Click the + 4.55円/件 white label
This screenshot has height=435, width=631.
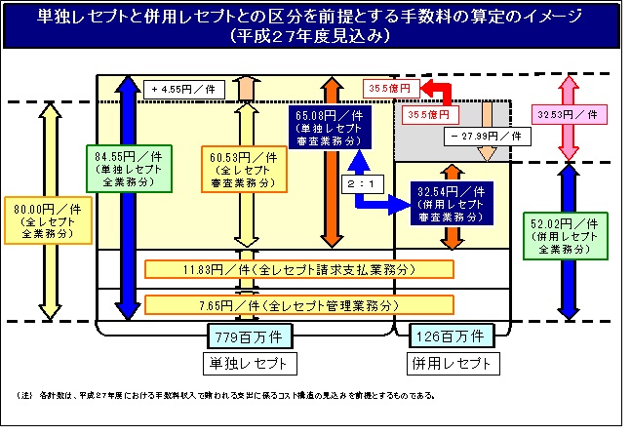[186, 89]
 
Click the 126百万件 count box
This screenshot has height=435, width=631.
[450, 336]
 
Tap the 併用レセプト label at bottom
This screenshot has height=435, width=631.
[450, 364]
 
